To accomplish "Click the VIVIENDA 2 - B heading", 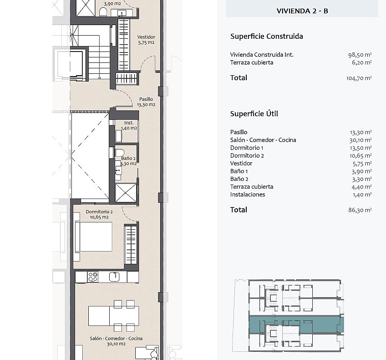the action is coord(302,11).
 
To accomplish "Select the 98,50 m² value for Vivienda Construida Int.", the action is coord(360,55).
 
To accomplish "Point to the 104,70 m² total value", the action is coord(359,78).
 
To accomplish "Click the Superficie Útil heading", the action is coord(254,114).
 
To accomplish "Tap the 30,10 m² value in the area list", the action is coord(361,140).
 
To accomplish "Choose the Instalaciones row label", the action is coord(248,195).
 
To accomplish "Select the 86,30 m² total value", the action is coord(360,210).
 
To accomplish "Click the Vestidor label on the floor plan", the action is coord(146,37).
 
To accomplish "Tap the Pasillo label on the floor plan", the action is coord(146,99).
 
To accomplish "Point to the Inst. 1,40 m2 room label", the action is coord(129,125).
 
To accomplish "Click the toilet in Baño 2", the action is coord(119,152).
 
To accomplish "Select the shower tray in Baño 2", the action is coord(126,193).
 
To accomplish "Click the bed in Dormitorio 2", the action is coord(93,237).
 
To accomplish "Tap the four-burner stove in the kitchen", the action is coord(93,277).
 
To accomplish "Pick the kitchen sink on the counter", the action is coord(114,277).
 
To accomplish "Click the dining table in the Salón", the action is coord(113,316).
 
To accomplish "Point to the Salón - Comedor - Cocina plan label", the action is coord(116,339).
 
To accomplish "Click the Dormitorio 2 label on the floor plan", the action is coord(99,211).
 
